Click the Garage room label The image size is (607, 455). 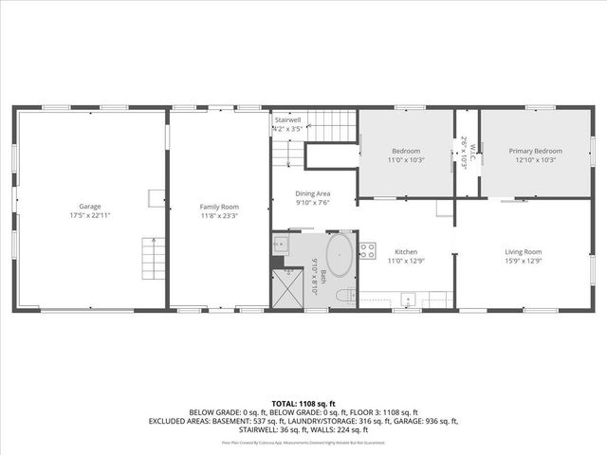point(90,206)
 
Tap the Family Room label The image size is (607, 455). point(218,206)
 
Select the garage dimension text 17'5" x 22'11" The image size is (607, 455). point(90,214)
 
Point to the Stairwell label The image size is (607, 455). point(287,121)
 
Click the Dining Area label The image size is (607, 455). point(313,193)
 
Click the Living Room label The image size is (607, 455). point(521,251)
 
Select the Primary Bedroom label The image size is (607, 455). point(535,152)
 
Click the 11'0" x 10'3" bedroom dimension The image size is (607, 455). point(406,160)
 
